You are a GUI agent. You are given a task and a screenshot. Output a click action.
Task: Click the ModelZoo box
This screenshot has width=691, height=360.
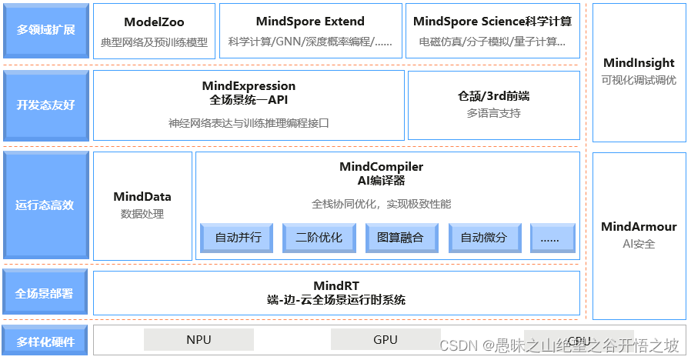(154, 31)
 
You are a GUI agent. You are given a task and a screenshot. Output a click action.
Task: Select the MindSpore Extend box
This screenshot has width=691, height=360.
(310, 31)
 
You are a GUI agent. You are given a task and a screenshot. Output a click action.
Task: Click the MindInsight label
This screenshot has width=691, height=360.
(639, 63)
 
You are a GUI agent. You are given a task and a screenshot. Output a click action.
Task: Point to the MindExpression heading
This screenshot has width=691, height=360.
(249, 86)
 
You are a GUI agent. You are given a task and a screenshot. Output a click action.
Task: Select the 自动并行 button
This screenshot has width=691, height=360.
(238, 238)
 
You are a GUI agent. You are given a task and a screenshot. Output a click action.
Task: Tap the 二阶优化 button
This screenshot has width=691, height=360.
(319, 238)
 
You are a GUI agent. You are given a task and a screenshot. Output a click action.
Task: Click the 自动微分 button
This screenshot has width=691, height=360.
(484, 238)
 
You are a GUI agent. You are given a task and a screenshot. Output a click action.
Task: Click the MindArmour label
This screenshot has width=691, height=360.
(639, 227)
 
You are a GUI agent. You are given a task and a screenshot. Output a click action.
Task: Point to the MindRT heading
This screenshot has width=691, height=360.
(336, 285)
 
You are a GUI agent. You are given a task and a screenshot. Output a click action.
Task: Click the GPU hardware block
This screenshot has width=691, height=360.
(386, 339)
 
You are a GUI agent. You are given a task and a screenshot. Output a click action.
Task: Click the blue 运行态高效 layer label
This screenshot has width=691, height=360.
(45, 205)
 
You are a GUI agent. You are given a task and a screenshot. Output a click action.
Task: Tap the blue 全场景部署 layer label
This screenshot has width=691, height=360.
(45, 293)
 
